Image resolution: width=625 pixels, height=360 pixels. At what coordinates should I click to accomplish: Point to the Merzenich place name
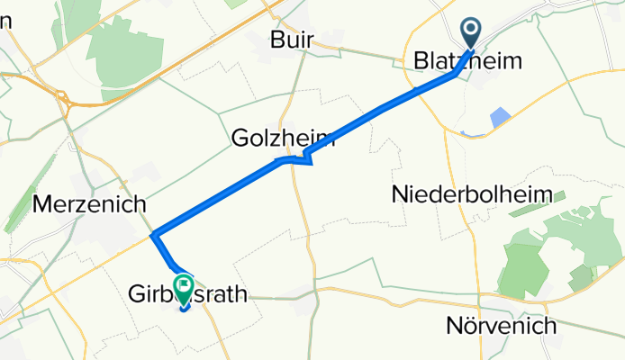[x=88, y=204]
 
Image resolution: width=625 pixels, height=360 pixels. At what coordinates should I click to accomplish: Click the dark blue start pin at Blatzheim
[x=472, y=33]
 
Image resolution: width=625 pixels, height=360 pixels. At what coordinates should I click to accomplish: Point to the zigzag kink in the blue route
[x=306, y=159]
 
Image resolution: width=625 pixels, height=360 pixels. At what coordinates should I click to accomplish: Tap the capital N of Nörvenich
[x=454, y=325]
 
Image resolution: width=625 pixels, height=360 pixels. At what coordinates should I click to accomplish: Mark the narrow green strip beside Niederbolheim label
[x=530, y=208]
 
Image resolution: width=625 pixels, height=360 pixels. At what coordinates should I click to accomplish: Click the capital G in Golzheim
[x=240, y=139]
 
